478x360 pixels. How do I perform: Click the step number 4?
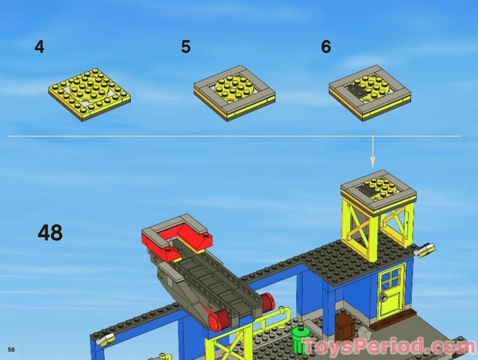(x=39, y=47)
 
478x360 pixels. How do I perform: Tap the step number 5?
(x=186, y=47)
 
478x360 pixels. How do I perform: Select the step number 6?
(x=326, y=47)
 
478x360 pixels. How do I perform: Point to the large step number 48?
(x=50, y=233)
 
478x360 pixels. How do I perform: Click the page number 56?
(x=11, y=350)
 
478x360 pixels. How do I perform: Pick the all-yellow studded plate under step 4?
(x=89, y=94)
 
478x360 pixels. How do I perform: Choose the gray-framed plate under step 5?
(x=235, y=93)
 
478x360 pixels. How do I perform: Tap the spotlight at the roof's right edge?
(x=426, y=250)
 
